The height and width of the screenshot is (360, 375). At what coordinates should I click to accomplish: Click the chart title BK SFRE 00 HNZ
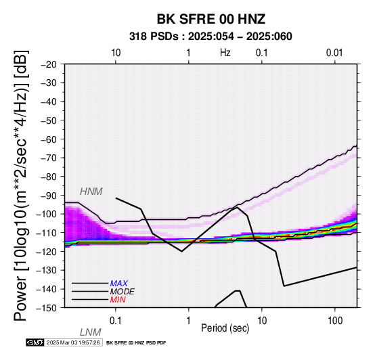[x=211, y=19]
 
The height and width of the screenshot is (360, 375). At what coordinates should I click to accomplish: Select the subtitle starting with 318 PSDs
[x=211, y=37]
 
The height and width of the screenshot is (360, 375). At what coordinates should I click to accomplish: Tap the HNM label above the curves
[x=91, y=192]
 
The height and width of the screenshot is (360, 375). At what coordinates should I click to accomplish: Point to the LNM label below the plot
[x=91, y=332]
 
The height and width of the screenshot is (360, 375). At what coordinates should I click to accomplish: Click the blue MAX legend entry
[x=119, y=284]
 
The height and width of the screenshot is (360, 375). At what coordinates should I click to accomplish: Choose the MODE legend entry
[x=123, y=292]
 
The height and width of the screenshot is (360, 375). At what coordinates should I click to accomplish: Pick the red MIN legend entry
[x=118, y=300]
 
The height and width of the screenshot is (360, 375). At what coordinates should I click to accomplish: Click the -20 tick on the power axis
[x=49, y=64]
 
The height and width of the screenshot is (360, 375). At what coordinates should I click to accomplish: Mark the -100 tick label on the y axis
[x=47, y=214]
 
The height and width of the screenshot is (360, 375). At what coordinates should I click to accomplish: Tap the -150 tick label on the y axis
[x=47, y=308]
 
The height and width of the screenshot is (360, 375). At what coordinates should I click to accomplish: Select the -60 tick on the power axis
[x=49, y=139]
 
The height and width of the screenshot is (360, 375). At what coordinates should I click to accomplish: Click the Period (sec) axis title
[x=225, y=328]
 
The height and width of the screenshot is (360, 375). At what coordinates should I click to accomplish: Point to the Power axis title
[x=21, y=186]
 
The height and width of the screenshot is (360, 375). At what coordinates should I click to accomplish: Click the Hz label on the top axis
[x=225, y=53]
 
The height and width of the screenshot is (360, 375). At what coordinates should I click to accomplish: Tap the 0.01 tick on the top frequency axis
[x=334, y=53]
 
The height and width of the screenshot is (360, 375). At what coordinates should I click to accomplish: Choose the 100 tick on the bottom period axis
[x=335, y=321]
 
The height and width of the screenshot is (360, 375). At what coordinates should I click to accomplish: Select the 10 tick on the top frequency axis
[x=116, y=53]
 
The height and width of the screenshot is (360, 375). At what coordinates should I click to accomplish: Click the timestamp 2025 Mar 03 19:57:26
[x=73, y=342]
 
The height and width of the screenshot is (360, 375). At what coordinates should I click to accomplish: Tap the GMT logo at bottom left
[x=35, y=342]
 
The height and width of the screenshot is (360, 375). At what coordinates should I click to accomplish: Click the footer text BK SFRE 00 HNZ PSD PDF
[x=136, y=343]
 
